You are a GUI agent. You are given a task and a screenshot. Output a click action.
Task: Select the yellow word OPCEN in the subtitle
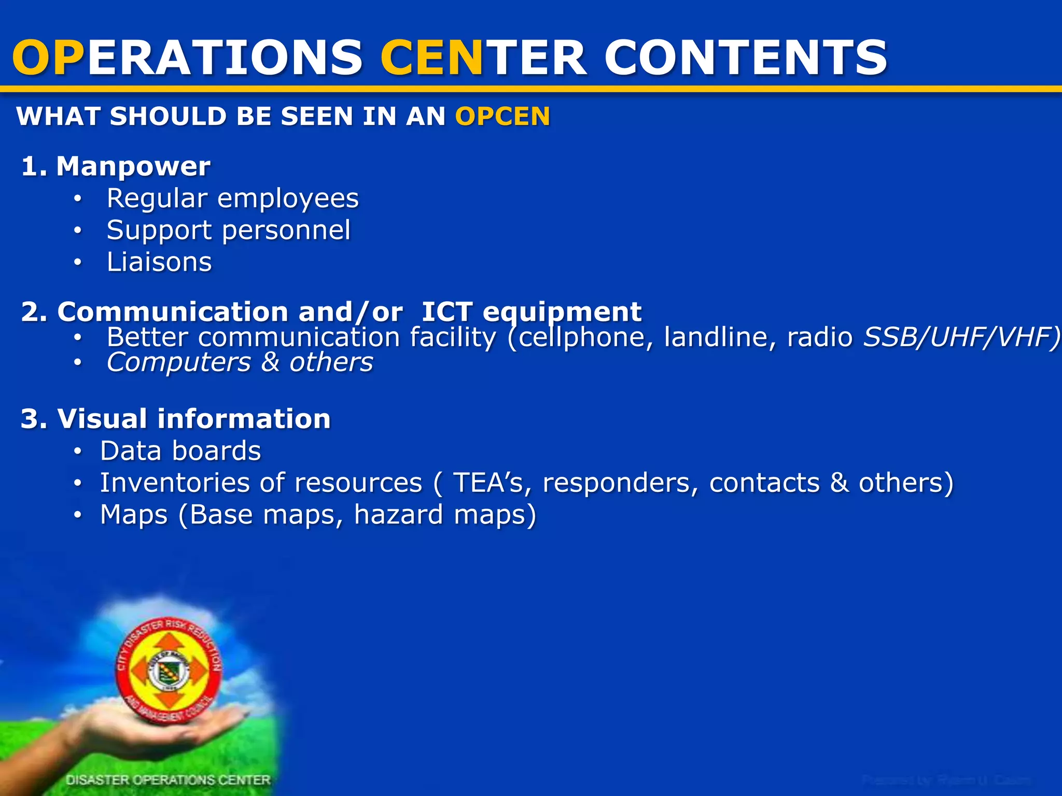[x=502, y=116]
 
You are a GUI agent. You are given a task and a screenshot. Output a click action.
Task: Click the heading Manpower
[x=133, y=166]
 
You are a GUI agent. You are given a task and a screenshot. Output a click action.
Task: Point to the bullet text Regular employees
[x=232, y=198]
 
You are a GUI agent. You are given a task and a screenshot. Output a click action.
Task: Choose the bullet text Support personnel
[x=228, y=231]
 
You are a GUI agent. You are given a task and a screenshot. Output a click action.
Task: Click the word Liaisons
[x=159, y=262]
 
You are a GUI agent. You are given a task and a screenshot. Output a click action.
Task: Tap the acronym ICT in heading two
[x=446, y=312]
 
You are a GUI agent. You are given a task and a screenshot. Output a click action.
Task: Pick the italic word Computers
[x=178, y=362]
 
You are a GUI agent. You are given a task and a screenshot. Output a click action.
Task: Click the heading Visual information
[x=193, y=419]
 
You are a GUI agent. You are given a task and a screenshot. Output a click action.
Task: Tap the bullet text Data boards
[x=180, y=451]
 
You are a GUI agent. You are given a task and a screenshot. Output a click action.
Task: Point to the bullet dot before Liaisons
[x=77, y=263]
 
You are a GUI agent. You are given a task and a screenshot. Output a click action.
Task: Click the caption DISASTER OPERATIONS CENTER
[x=168, y=780]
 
